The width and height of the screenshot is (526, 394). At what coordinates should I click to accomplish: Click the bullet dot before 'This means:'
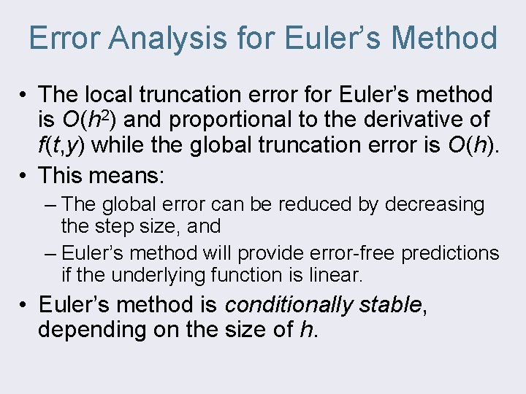24,175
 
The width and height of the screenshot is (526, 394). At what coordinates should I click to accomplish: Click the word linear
336,276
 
